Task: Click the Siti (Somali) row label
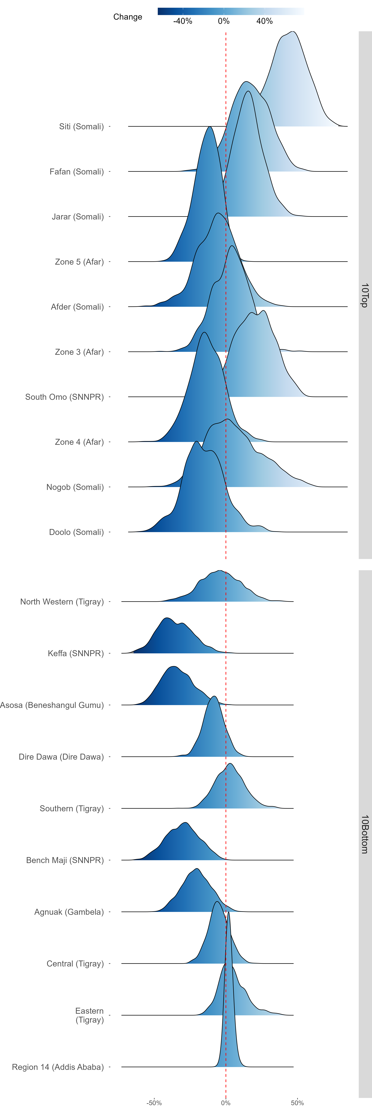(x=81, y=126)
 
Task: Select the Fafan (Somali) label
(x=77, y=172)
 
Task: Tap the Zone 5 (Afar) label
(x=79, y=262)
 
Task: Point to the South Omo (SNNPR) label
(x=64, y=397)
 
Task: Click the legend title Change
(x=128, y=17)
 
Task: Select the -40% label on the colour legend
(x=183, y=21)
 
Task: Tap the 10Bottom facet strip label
(x=365, y=834)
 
